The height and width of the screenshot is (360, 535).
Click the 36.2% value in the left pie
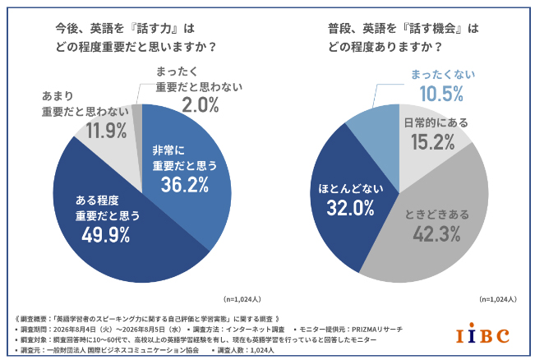pos(185,185)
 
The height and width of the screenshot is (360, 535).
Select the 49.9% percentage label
pos(106,235)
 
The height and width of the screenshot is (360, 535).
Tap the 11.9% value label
pos(106,131)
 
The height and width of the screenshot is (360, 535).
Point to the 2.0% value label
pos(201,104)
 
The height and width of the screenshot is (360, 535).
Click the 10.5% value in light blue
pos(441,94)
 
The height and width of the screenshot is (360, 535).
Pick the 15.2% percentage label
pos(432,142)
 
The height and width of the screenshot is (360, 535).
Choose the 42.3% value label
pos(436,234)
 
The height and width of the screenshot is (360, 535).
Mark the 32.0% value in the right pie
pos(350,208)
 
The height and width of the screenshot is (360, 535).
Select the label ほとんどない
pos(350,189)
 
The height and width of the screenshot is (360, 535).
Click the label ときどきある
pos(437,215)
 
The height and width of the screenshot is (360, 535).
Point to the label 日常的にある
pos(436,122)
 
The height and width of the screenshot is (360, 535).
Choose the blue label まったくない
pos(442,75)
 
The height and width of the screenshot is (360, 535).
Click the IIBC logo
pos(482,334)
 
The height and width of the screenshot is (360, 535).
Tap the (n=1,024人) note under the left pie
pos(242,299)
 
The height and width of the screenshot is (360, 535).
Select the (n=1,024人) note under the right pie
pos(498,299)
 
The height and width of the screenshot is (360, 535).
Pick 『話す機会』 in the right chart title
pos(433,28)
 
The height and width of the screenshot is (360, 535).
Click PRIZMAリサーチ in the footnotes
pos(377,330)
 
